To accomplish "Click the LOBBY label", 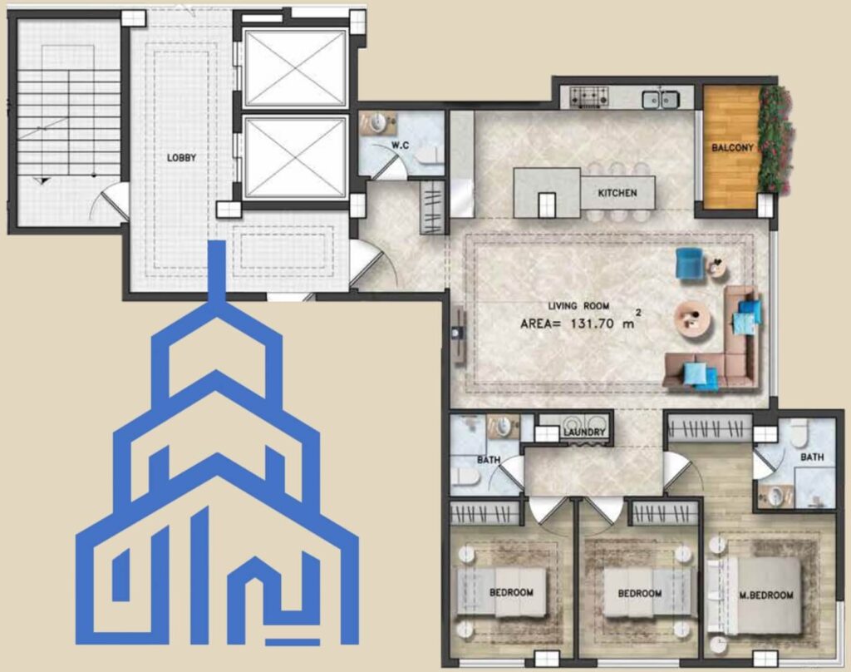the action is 181,158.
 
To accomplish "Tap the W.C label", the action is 401,146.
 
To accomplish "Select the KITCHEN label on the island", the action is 617,193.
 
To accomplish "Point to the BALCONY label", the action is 733,147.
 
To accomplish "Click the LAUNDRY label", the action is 584,432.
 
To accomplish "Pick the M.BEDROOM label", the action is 766,595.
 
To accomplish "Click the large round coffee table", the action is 692,316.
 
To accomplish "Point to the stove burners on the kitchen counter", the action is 588,98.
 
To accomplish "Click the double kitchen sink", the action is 661,100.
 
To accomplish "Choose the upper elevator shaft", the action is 295,68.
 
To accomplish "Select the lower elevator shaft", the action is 295,157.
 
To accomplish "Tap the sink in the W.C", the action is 376,123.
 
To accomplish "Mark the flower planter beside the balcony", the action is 775,139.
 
